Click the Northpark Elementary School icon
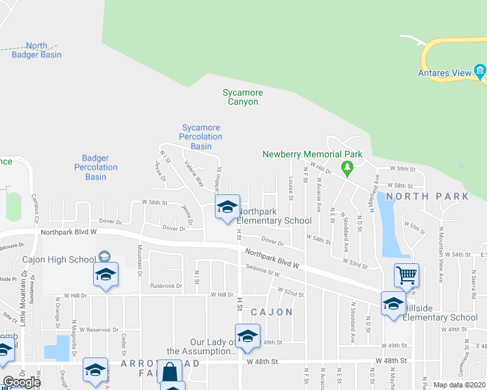227,207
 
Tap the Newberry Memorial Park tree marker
347,169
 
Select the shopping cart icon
406,275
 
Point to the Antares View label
444,73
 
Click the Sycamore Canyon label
242,97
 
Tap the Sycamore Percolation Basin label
201,136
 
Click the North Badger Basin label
36,50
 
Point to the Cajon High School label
59,260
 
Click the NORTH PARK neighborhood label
426,196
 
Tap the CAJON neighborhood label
271,312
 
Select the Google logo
21,382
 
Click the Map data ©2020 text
459,385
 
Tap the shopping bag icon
169,372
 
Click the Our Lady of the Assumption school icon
247,336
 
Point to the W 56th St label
155,202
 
